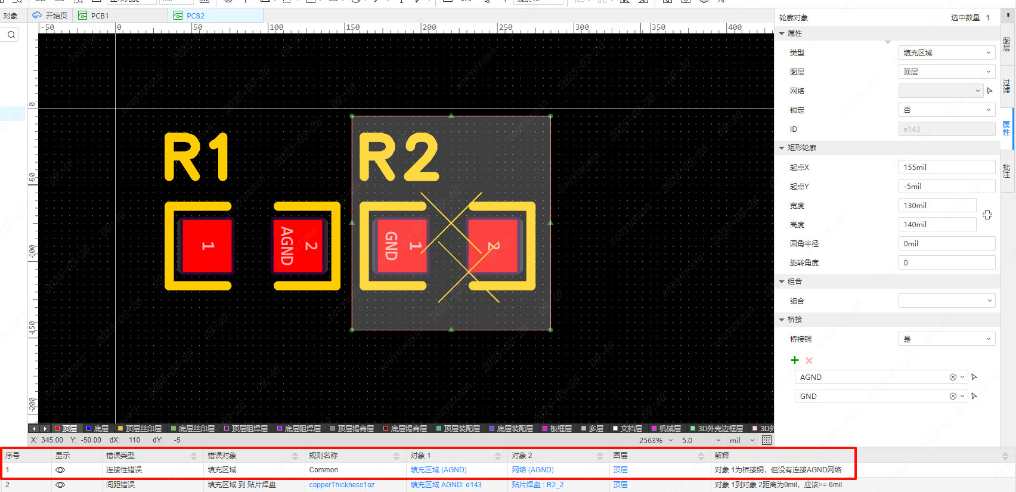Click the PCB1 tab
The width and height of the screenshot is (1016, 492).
pos(100,16)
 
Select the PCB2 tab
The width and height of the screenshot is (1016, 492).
pos(195,16)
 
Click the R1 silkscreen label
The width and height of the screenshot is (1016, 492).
pos(197,157)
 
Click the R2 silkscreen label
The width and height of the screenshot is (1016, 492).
pos(398,157)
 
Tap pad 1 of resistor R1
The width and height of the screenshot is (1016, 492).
pos(207,246)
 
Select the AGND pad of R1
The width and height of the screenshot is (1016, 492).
pos(298,246)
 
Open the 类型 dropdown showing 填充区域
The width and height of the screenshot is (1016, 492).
pos(946,52)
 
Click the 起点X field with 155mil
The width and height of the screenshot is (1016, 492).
pos(946,167)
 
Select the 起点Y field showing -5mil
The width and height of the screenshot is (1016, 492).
pos(946,186)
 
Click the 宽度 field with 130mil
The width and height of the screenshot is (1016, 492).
pos(937,205)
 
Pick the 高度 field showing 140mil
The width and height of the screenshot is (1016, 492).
pos(937,224)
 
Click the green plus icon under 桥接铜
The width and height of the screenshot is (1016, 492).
pos(794,360)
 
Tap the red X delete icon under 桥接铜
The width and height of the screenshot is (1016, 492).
pos(809,360)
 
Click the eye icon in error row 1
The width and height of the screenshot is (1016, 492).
pos(60,470)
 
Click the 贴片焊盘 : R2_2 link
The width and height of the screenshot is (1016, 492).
pos(537,485)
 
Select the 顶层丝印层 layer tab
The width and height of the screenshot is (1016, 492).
pos(140,428)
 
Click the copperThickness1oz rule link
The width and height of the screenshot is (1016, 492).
pos(342,485)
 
